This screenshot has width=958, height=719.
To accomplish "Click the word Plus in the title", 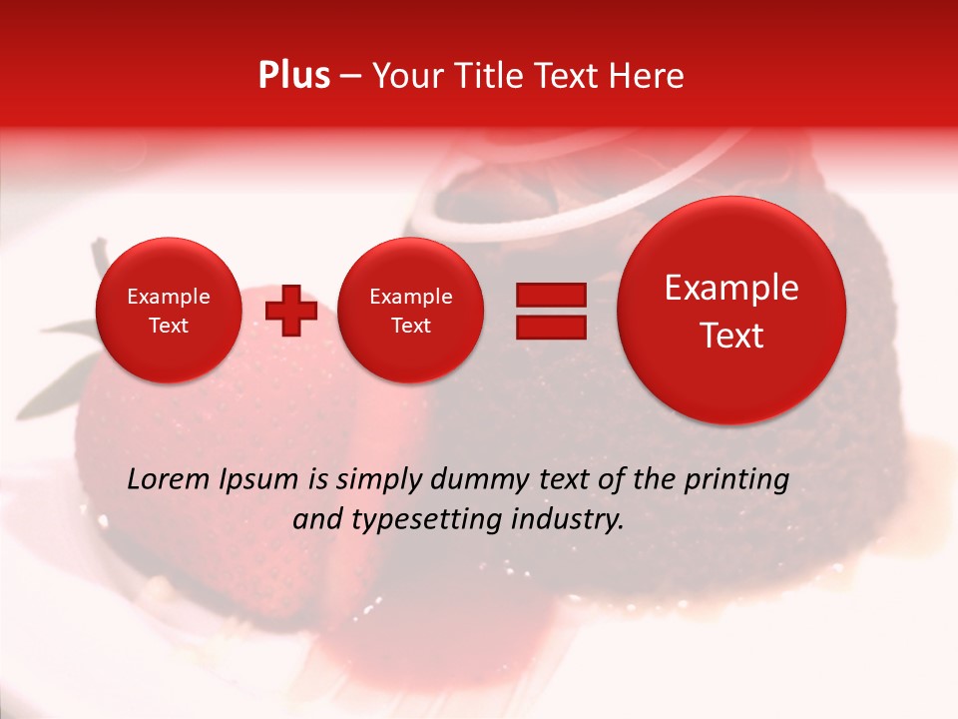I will [x=293, y=76].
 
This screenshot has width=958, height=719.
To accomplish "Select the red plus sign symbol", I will [x=291, y=311].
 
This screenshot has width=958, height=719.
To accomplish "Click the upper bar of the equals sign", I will [x=550, y=295].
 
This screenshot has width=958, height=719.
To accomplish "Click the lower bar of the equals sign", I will [x=550, y=327].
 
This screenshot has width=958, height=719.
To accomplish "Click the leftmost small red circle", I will [x=169, y=311].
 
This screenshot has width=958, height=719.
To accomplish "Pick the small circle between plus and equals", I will [x=411, y=311].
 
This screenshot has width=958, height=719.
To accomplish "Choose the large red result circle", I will [x=731, y=311].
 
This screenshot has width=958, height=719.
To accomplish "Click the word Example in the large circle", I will [x=731, y=288].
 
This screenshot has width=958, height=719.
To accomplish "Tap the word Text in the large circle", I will [x=731, y=336].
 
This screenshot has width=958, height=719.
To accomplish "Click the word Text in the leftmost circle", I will [x=169, y=326].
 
